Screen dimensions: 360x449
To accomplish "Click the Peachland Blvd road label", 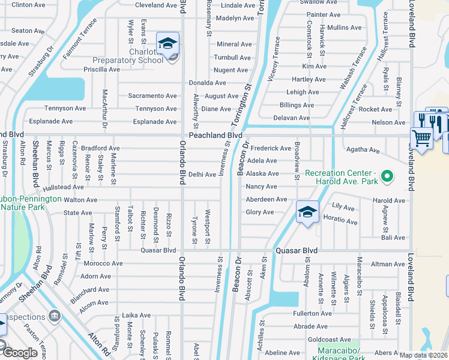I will pos(215,136).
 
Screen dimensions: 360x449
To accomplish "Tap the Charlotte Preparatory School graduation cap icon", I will pos(168,44).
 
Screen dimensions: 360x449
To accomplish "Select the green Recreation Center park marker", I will pos(387,176).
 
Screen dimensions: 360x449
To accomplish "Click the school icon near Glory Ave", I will pos(307,212).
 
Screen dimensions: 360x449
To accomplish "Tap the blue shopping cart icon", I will pos(421,139).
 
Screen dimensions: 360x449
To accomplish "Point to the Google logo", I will pos(20,353).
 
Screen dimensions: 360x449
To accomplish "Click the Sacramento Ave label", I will pos(152,96).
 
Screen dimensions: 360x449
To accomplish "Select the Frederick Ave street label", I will pos(271,148).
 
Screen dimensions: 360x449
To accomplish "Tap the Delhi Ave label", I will pos(202,175).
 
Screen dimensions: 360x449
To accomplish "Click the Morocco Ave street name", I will pos(103,263).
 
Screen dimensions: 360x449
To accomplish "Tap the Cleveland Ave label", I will pos(156,5).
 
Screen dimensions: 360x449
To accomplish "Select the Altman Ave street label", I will pos(388,264).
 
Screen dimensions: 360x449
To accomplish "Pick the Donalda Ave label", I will pos(207,83).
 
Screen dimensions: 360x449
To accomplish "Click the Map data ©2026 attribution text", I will pos(424,355).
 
